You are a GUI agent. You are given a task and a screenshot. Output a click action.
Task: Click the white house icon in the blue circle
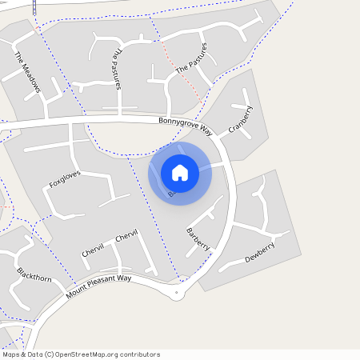click(180, 172)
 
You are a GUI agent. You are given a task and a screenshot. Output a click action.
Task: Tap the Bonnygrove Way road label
click(186, 126)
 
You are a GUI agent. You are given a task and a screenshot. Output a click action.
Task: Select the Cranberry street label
click(240, 119)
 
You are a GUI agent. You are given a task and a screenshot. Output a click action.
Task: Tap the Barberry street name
click(198, 238)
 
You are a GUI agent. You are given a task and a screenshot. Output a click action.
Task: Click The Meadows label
click(27, 73)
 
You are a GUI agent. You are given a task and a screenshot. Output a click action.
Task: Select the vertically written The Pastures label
click(116, 68)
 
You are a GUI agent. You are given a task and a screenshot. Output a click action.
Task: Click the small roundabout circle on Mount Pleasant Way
click(176, 294)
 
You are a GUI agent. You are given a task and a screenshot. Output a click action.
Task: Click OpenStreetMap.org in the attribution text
click(88, 354)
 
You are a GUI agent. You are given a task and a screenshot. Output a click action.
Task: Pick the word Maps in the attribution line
click(11, 354)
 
